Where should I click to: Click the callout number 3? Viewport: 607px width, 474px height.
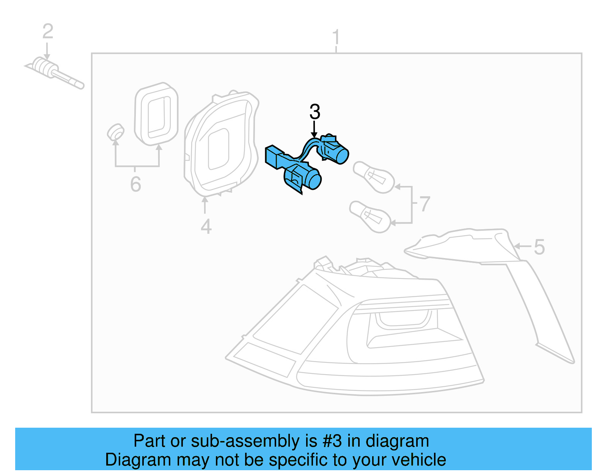pos(315,112)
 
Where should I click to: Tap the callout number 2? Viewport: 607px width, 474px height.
pos(47,31)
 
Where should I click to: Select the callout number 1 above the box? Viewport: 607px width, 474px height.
pos(336,38)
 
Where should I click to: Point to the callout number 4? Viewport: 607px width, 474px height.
pos(206,227)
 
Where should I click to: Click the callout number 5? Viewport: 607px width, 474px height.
pos(539,247)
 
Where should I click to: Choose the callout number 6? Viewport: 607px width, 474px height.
pos(135,184)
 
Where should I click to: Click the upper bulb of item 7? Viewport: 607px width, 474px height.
pos(373,177)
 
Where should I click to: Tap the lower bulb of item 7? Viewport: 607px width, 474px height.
pos(370,216)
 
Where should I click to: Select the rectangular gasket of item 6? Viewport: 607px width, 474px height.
pos(156,114)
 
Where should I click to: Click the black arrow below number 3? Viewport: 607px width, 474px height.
pos(314,129)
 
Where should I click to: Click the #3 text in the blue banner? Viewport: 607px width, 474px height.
pos(332,441)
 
